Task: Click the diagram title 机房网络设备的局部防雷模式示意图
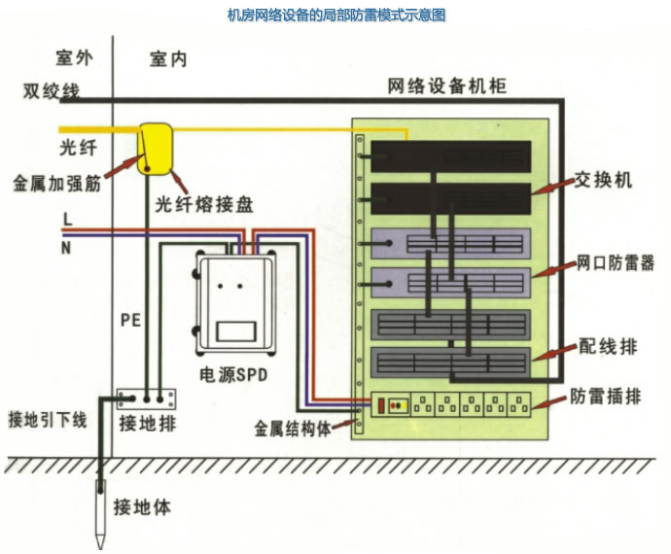335,16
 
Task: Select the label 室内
168,60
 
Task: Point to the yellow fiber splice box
154,146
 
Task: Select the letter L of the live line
67,221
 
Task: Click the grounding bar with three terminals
147,398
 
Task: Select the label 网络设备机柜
446,86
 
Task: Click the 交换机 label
603,180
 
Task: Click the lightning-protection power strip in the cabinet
458,404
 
